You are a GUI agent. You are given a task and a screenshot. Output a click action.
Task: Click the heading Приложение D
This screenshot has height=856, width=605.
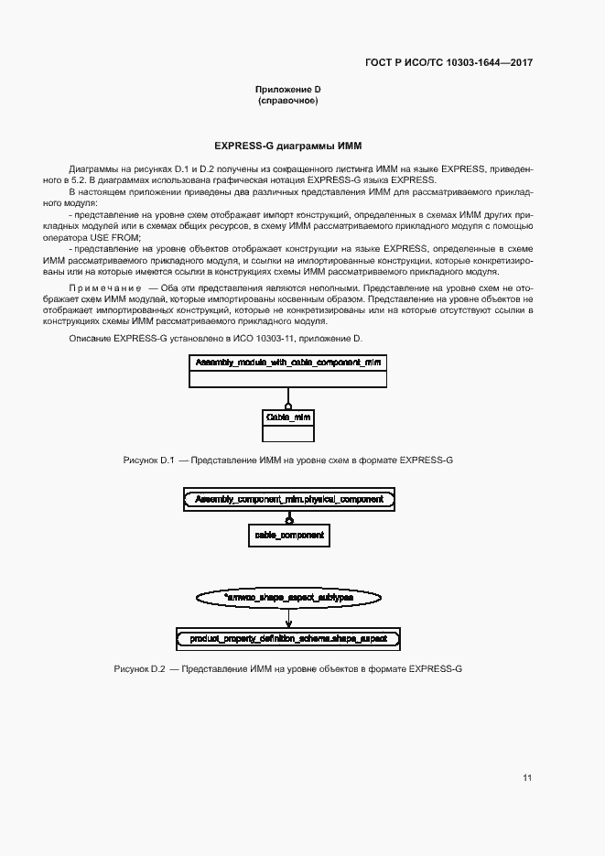[287, 89]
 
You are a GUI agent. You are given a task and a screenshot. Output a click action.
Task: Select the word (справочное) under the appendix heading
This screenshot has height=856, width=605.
[287, 100]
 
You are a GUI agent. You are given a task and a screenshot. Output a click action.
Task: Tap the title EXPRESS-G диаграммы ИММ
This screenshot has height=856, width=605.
[288, 146]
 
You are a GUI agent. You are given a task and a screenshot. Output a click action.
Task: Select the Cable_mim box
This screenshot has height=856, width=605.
[288, 417]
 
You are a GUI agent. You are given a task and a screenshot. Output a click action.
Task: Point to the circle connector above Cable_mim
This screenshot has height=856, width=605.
[288, 405]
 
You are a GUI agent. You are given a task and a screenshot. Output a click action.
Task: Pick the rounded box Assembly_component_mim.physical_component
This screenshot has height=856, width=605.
[289, 500]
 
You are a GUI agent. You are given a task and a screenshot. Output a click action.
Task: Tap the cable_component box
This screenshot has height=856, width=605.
[288, 535]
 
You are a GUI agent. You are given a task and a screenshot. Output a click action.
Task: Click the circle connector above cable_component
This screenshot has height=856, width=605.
[289, 518]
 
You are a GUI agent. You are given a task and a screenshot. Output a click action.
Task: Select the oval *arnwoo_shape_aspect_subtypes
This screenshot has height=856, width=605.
[288, 596]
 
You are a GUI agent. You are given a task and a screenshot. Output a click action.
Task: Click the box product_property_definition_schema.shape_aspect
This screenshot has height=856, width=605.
[288, 637]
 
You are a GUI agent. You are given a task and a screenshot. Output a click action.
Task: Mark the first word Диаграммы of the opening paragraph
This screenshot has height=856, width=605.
[92, 170]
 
